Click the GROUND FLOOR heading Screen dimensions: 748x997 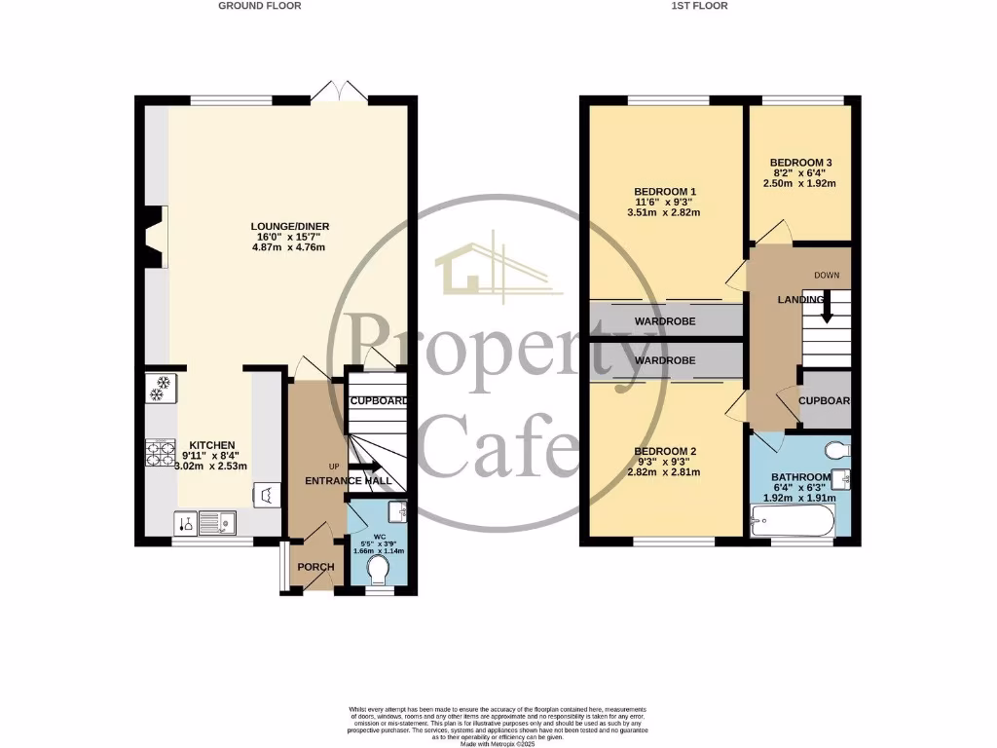(x=259, y=6)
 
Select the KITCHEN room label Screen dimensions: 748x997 (x=212, y=445)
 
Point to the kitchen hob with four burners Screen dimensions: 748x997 (x=160, y=453)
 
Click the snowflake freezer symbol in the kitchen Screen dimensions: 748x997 (x=160, y=389)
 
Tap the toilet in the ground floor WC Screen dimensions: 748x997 (x=380, y=567)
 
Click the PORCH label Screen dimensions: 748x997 (x=315, y=567)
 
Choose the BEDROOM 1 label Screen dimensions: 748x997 (x=665, y=191)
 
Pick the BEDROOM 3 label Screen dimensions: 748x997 (x=800, y=163)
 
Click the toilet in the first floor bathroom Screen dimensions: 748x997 (x=836, y=449)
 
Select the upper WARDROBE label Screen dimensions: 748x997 (x=665, y=320)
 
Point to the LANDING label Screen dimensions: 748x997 (x=800, y=300)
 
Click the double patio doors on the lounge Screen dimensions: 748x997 (x=339, y=93)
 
